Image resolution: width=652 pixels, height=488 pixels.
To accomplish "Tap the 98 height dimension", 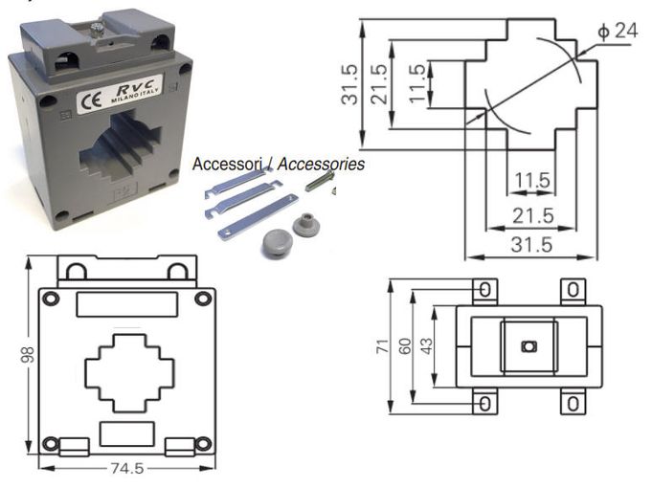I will pos(29,355).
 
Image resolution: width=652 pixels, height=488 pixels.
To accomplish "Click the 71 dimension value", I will pos(381,345).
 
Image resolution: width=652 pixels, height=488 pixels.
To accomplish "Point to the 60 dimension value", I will pos(404,345).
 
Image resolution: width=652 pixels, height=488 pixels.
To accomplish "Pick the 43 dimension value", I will pos(426,344).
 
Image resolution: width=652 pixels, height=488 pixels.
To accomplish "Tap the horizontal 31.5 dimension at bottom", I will pos(530,245).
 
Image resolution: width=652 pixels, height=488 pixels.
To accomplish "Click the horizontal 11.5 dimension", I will pos(530,180).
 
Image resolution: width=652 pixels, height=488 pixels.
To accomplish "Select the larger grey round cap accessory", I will pos(276,243).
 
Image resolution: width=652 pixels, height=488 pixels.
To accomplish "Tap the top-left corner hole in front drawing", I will pos(51,299).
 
